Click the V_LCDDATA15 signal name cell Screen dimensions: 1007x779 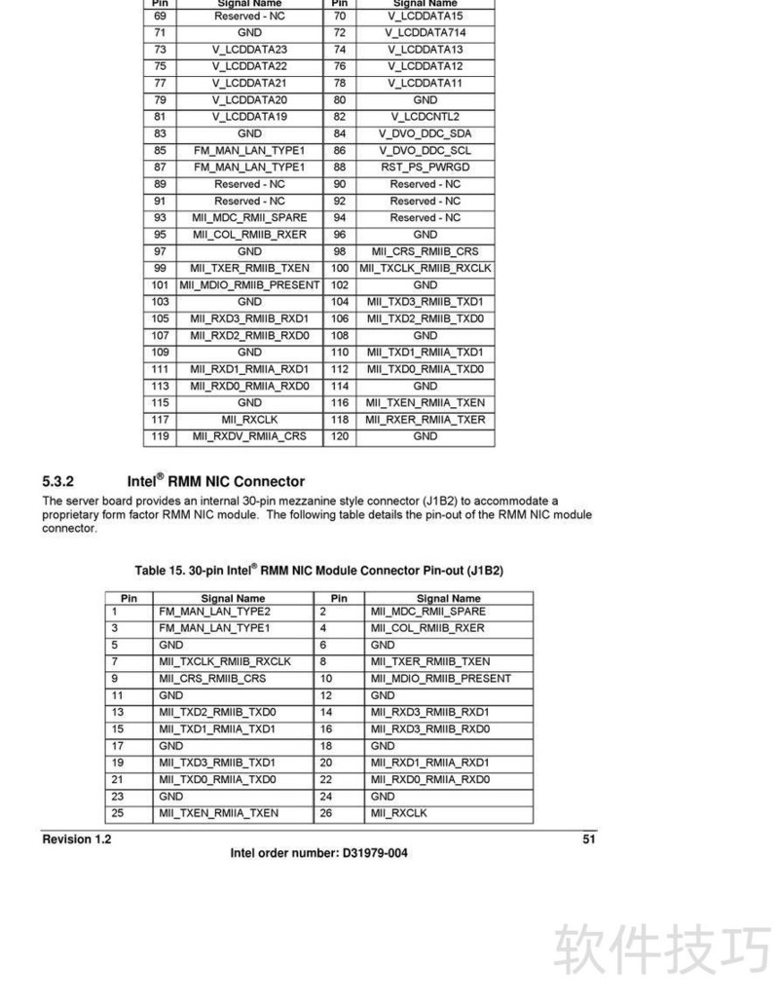426,17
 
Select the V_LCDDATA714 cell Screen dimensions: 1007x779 426,33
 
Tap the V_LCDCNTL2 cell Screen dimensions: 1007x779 426,117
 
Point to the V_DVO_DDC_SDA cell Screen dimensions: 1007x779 426,133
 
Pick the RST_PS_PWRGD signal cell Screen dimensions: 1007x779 426,168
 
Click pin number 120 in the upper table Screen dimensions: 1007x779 340,436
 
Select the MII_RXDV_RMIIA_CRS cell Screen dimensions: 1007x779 249,436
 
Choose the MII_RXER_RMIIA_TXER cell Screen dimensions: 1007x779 426,420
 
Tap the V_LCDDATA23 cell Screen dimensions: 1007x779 249,50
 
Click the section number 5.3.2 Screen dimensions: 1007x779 58,481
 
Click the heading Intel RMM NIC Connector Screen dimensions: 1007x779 215,481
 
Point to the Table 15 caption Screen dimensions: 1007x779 318,570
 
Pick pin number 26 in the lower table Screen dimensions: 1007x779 327,813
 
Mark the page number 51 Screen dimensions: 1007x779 588,839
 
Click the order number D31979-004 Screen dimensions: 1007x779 375,854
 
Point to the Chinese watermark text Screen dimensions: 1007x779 663,950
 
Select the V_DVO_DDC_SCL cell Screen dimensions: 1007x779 426,151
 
